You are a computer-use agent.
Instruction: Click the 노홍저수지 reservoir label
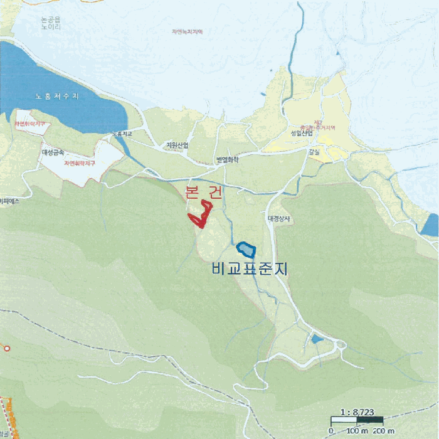57,97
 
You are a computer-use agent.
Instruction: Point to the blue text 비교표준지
249,270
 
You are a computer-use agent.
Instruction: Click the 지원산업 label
177,145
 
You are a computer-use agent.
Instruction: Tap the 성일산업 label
302,134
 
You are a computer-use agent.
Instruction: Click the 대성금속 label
53,152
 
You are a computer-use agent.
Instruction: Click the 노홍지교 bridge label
123,134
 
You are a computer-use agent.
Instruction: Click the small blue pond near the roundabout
317,339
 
